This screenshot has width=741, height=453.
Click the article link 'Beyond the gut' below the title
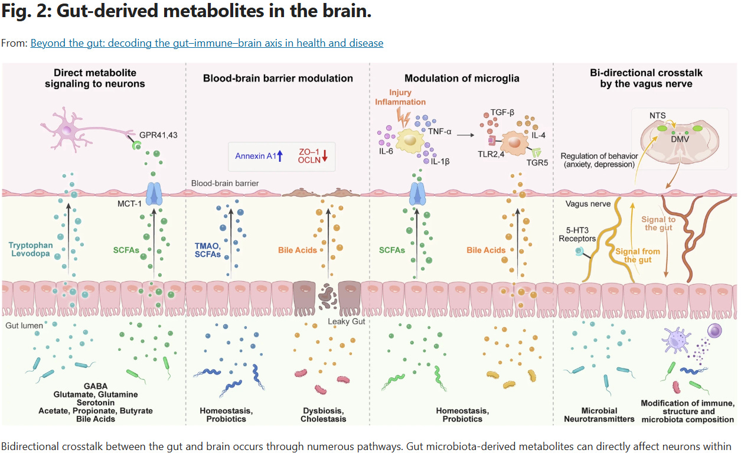click(207, 43)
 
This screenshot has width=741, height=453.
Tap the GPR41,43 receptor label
click(158, 135)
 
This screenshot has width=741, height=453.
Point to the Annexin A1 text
click(255, 156)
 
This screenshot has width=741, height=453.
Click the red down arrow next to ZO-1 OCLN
click(325, 156)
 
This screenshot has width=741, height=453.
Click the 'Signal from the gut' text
click(638, 255)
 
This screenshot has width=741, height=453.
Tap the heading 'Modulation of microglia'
click(461, 78)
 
